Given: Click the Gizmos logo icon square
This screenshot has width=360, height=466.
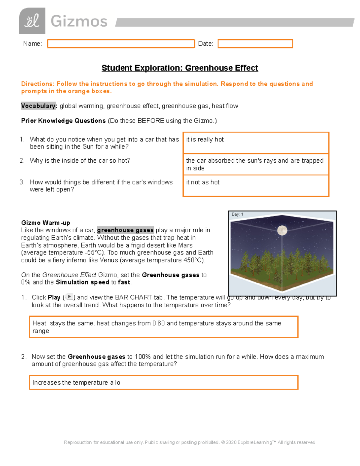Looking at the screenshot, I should coord(32,21).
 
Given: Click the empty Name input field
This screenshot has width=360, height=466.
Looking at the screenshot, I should coord(121,44).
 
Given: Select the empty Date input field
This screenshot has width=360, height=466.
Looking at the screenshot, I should coord(255,44).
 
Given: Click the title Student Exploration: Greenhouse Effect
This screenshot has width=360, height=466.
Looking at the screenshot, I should coord(180,68).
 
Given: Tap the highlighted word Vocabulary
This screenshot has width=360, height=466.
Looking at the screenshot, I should coord(39,106).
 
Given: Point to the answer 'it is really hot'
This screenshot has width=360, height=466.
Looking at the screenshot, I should coord(205,140).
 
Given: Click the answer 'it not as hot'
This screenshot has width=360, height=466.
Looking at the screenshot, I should coord(203,182).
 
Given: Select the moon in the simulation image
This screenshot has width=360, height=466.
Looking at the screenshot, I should coord(282,230).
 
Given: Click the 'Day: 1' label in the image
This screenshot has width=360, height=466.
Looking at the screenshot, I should coord(237,215).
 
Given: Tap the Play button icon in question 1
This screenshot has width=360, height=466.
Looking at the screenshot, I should coord(69,297).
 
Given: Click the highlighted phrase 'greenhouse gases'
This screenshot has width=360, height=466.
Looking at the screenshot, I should coord(125,230).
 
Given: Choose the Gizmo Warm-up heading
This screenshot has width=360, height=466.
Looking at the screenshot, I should coord(46,223).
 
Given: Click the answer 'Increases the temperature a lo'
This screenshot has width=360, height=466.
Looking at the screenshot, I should coord(76,383).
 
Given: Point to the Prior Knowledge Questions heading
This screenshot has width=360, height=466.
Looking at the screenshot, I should coord(63,121).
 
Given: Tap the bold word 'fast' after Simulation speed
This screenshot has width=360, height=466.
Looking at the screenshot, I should coord(124,282).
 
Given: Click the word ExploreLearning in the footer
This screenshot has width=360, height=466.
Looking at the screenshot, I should coord(254,442).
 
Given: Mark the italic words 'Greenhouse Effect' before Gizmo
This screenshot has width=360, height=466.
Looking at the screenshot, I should coord(69,275).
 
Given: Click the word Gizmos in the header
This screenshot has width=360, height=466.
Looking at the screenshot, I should coord(79,22).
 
